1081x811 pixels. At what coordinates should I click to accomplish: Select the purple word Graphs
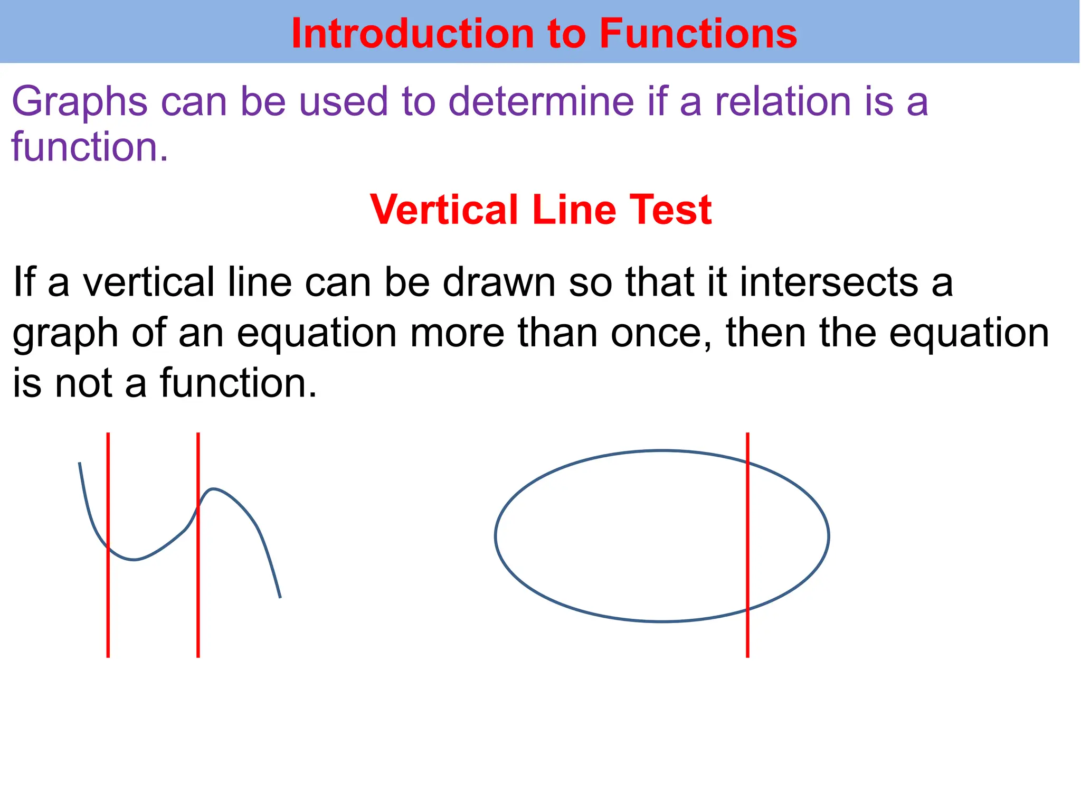[80, 102]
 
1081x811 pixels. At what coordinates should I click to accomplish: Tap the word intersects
[829, 282]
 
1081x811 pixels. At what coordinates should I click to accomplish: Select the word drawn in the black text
[499, 282]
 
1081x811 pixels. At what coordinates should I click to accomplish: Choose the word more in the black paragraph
[457, 334]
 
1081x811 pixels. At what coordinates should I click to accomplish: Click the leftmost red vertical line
[108, 607]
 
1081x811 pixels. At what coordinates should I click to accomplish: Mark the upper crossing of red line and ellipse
[747, 463]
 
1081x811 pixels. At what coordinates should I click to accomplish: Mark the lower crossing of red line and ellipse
[747, 609]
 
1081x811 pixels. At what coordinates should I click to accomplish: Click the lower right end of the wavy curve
[279, 597]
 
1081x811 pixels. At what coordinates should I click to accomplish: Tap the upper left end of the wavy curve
[80, 464]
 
